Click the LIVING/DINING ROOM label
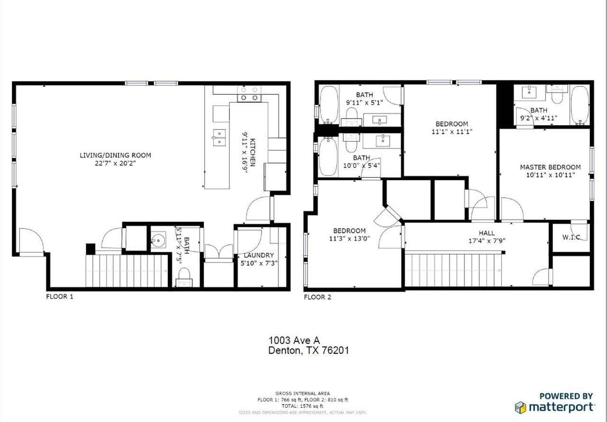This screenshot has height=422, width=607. (x=115, y=156)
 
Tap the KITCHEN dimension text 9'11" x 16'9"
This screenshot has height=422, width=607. (x=245, y=152)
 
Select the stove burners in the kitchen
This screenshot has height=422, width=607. (x=249, y=94)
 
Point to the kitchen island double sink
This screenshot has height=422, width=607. (x=219, y=138)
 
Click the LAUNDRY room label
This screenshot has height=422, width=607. (x=259, y=255)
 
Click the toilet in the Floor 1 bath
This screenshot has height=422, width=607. (x=184, y=277)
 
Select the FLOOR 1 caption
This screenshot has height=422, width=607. (x=60, y=297)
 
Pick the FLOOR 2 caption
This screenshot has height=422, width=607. (x=318, y=297)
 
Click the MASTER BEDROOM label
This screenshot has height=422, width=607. (x=551, y=167)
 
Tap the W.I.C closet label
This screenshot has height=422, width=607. (x=571, y=237)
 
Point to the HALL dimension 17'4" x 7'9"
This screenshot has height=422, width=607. (x=487, y=240)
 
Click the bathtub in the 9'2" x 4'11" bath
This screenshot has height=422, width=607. (x=579, y=105)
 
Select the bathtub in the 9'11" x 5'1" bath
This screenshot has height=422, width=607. (x=329, y=105)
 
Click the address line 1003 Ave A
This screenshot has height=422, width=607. (x=294, y=340)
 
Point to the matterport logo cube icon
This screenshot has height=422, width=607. (x=520, y=408)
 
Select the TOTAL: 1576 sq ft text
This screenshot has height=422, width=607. (x=303, y=406)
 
